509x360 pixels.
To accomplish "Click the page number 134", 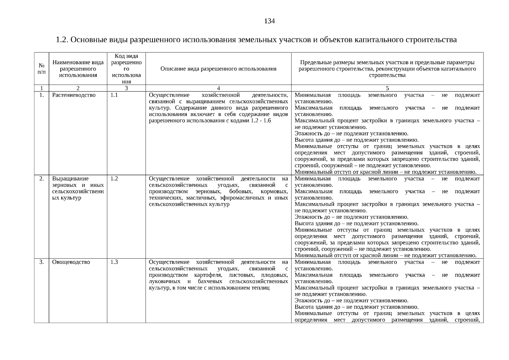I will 269,21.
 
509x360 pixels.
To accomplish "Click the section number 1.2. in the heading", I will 62,40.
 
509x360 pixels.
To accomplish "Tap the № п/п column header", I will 42,69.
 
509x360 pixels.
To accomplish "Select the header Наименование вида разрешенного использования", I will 78,69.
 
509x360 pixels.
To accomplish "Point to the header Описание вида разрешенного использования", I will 218,69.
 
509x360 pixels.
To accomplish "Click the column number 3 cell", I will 126,88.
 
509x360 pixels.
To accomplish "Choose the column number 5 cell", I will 387,88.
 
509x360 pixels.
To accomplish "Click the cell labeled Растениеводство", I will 74,95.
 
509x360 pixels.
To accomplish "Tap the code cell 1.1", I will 114,95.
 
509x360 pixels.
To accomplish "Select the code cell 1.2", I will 114,179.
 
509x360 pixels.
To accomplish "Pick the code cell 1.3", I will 114,262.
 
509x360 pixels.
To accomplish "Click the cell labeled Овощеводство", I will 71,262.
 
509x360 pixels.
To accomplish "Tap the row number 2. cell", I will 42,179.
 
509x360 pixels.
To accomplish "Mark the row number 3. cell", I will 42,262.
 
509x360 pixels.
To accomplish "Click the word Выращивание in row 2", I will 70,179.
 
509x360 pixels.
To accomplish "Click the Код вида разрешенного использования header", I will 126,69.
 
